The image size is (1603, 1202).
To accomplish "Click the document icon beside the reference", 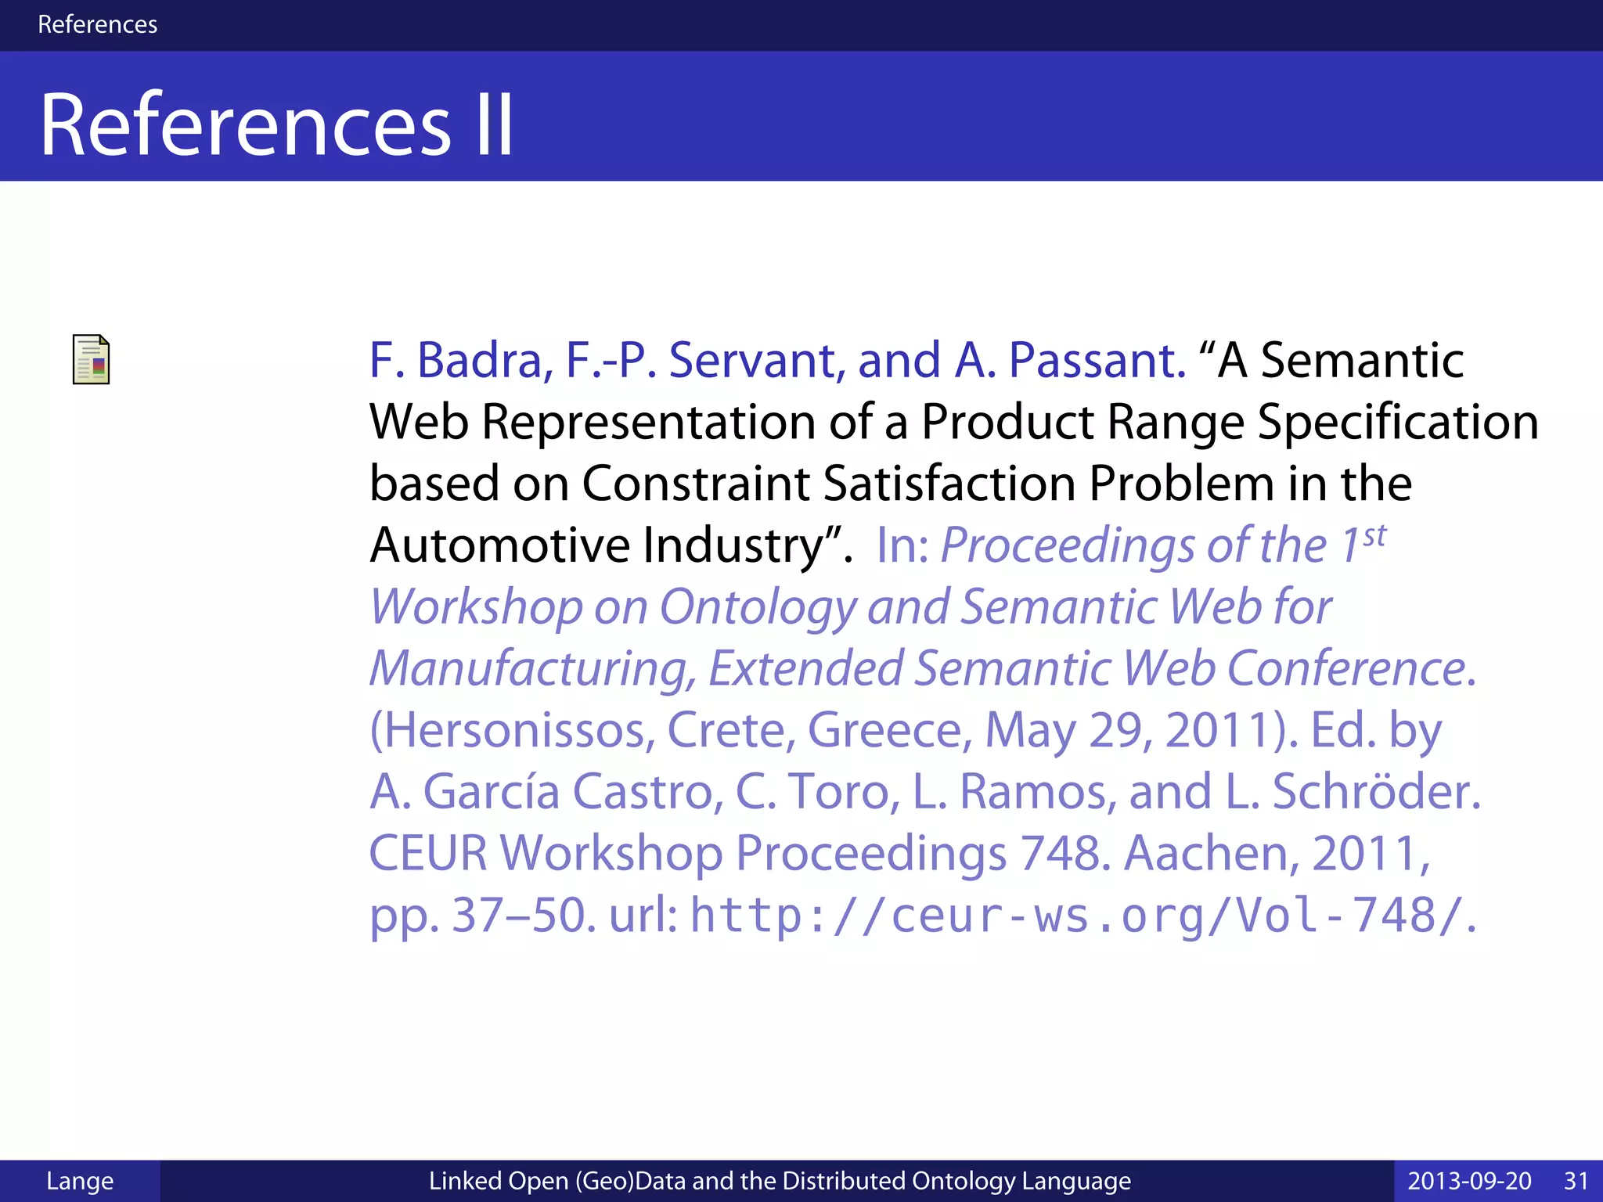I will (91, 360).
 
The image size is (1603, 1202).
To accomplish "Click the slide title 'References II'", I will (276, 125).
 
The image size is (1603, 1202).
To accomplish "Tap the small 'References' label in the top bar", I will (97, 24).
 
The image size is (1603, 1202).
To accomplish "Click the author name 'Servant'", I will (756, 361).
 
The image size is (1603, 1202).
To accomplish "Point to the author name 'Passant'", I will (1097, 361).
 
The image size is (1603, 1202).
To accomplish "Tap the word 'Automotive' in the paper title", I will (499, 545).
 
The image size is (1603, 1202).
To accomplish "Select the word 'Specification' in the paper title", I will (1398, 422).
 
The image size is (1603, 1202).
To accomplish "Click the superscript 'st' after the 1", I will (1374, 537).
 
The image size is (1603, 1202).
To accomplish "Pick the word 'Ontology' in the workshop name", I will (758, 607).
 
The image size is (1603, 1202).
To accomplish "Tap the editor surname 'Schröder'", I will (1375, 791).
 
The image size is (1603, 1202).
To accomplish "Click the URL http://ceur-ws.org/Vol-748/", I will (1077, 915).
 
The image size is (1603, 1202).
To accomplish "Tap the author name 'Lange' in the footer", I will (80, 1181).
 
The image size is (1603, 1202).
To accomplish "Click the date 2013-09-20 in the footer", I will (1469, 1181).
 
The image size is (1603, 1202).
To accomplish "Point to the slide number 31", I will (1576, 1181).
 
